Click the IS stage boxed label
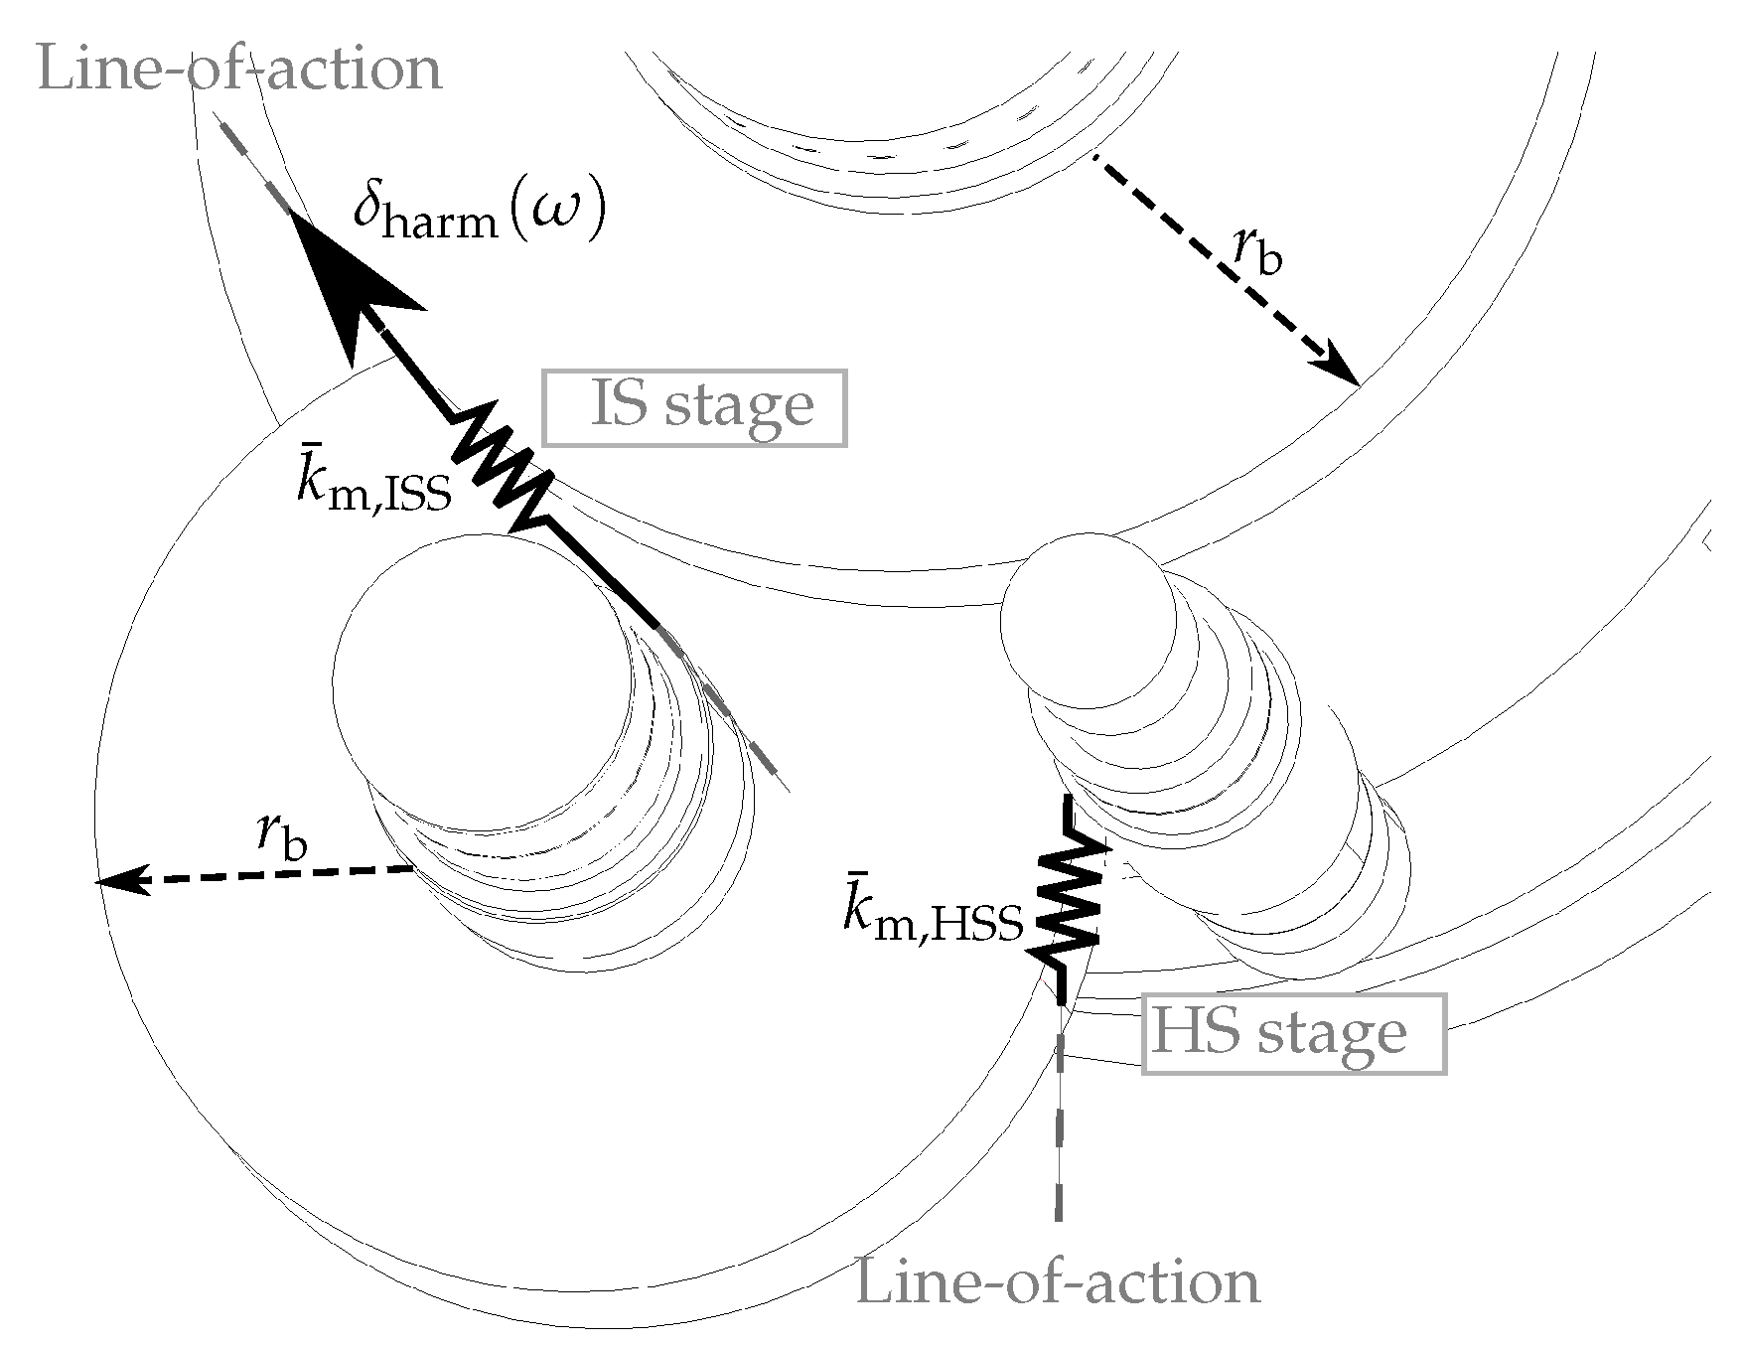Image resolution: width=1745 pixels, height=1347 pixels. [x=695, y=407]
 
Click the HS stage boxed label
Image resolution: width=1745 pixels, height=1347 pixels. [x=1293, y=1033]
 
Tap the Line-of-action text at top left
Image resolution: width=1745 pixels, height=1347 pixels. [x=239, y=70]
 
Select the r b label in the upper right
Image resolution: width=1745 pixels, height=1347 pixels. [x=1256, y=253]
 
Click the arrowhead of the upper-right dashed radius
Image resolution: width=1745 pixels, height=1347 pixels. [x=1341, y=370]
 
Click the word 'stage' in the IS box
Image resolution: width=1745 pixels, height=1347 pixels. [x=739, y=407]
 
